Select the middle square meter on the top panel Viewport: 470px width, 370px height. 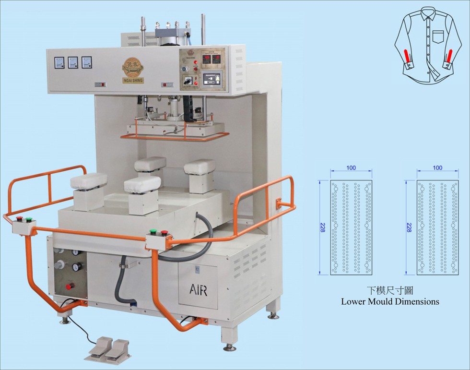[73, 62]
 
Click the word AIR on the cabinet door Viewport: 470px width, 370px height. [198, 289]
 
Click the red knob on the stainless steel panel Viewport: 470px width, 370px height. [70, 286]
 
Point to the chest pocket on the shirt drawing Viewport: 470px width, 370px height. [438, 36]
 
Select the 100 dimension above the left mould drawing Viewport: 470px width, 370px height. [351, 168]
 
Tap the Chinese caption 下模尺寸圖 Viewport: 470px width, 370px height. [390, 290]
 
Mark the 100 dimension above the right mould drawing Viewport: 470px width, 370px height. [437, 168]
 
